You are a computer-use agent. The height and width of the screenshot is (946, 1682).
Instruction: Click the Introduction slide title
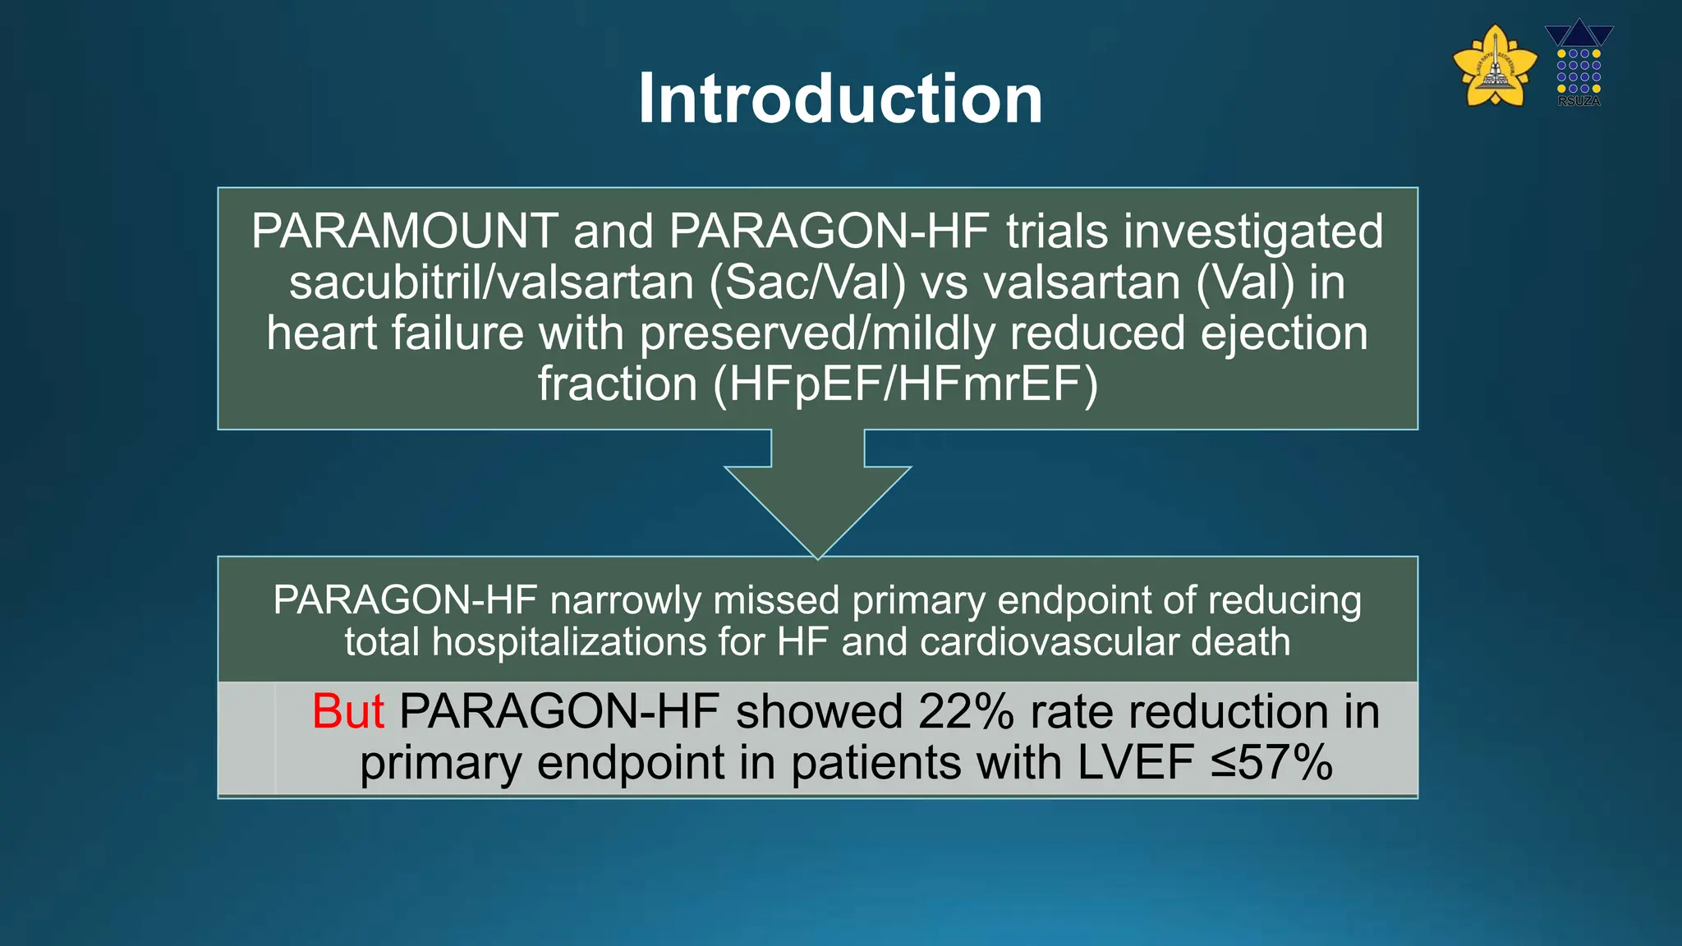pos(840,99)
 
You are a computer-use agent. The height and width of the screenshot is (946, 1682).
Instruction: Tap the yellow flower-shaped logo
pos(1495,67)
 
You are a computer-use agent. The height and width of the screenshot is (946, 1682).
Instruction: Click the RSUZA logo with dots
pos(1579,65)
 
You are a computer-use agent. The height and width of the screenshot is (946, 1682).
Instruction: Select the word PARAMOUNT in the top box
pos(405,231)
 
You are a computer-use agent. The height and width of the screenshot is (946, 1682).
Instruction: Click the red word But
pos(348,711)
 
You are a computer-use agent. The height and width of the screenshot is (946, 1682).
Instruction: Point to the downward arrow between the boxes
pos(818,493)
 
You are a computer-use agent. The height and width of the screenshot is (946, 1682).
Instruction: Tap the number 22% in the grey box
pos(966,711)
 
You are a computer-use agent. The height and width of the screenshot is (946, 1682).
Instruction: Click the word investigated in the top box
pos(1253,231)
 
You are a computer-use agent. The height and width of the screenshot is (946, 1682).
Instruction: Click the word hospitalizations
pos(569,642)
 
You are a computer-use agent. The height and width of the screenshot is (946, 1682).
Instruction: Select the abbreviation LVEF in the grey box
pos(1135,763)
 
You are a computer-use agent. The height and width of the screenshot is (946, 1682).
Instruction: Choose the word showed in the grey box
pos(819,711)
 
